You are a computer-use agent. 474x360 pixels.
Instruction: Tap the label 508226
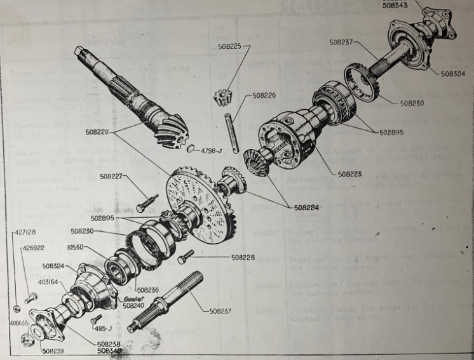(264, 96)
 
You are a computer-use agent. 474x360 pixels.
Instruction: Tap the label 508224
(308, 206)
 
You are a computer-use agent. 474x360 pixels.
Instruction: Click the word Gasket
(135, 298)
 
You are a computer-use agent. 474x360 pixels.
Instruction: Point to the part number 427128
(24, 232)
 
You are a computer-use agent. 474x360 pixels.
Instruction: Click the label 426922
(33, 248)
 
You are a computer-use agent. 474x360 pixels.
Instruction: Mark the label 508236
(148, 290)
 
